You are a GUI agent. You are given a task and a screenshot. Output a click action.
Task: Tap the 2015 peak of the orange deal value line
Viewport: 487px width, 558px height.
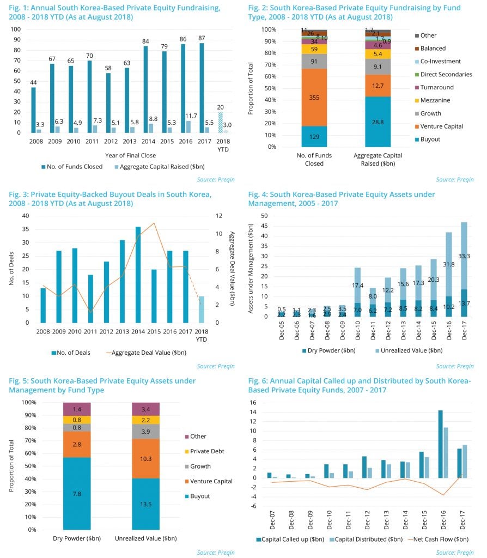pos(155,223)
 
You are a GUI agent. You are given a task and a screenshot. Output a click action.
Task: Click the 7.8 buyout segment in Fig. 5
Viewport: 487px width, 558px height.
pos(77,493)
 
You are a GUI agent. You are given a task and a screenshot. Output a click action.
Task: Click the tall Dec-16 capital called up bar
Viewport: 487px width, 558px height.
pos(440,444)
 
